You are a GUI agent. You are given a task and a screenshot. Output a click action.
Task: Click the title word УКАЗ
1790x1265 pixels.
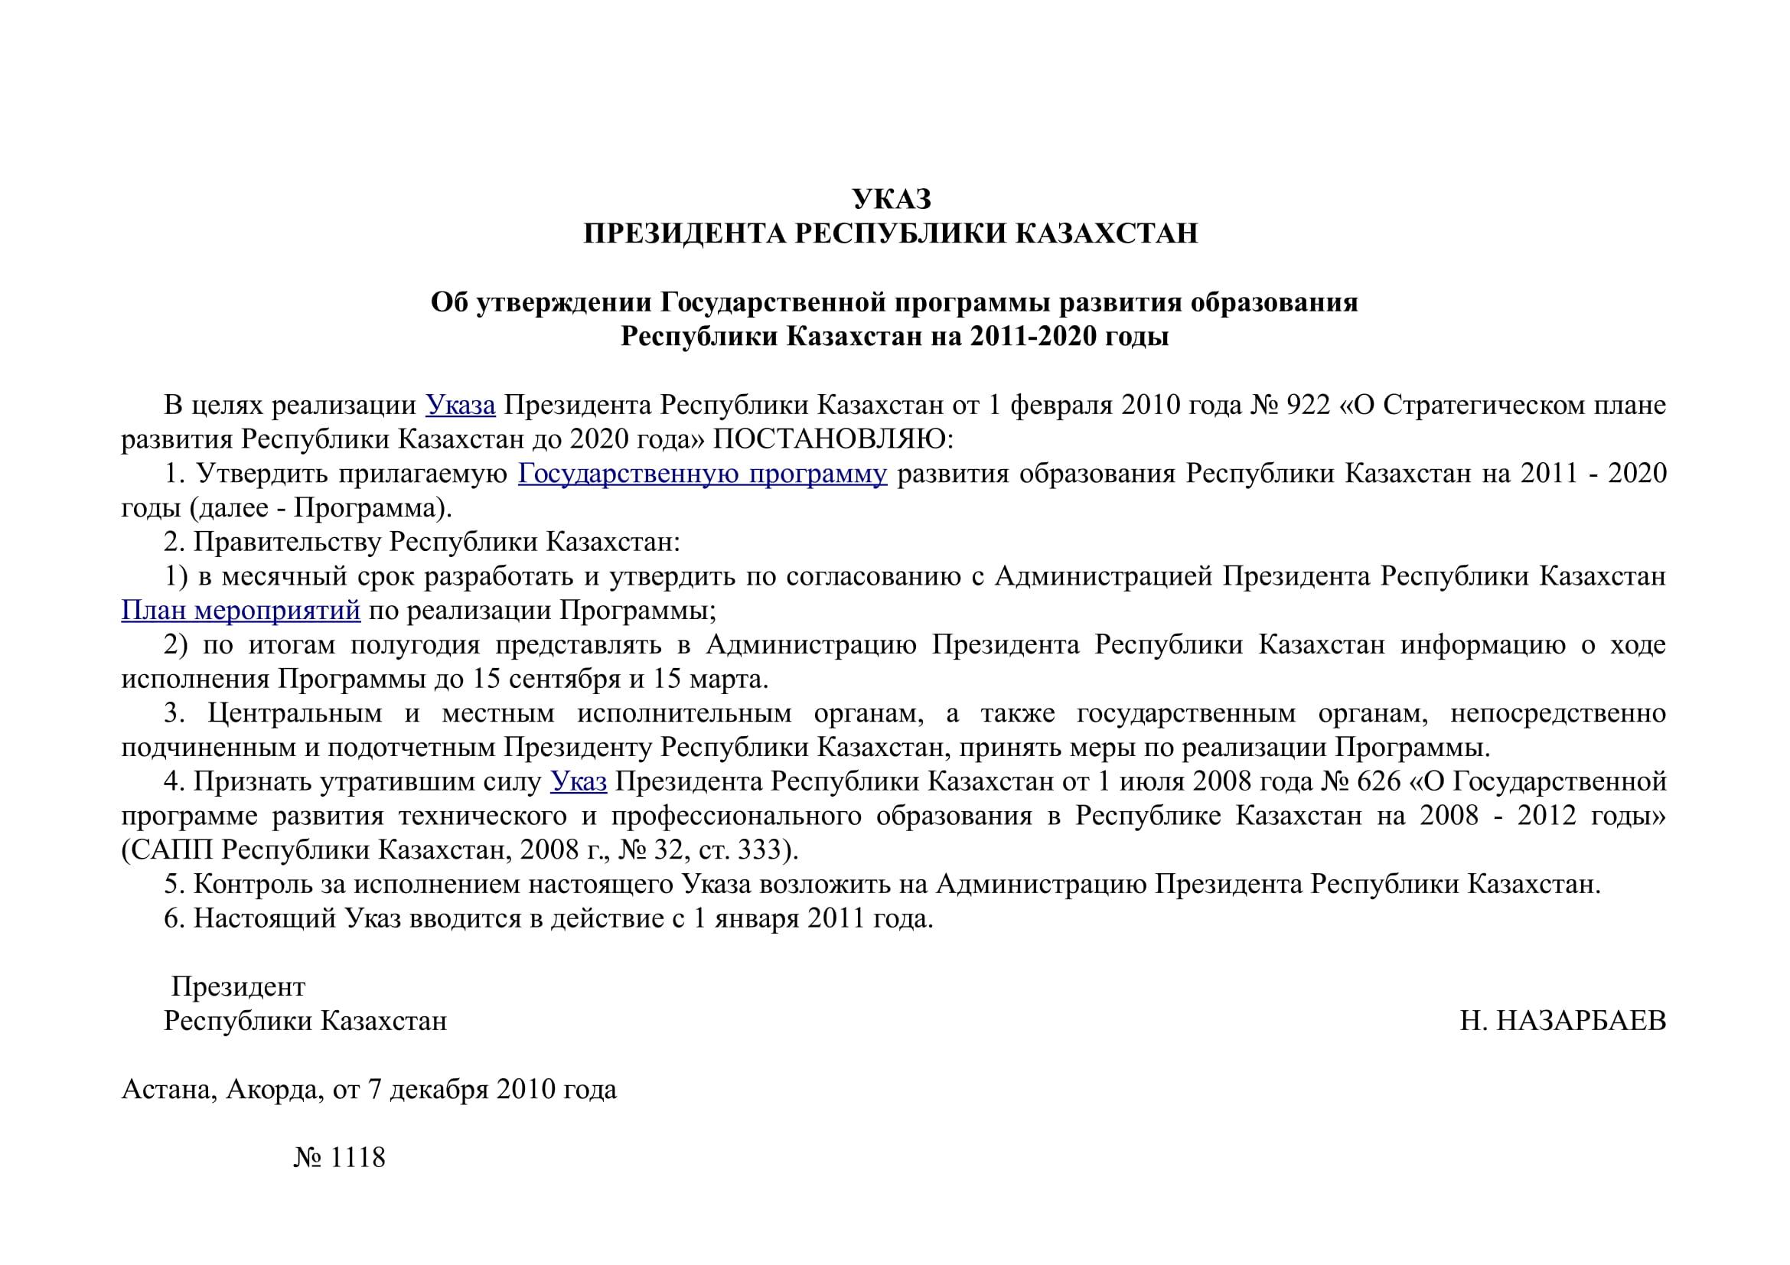click(x=892, y=200)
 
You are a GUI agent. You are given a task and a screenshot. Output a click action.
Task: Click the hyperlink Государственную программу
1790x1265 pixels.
click(x=703, y=474)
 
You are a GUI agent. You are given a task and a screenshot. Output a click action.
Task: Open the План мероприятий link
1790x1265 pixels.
click(x=241, y=610)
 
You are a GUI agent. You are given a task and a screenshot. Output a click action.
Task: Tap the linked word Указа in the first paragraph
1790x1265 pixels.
click(x=460, y=406)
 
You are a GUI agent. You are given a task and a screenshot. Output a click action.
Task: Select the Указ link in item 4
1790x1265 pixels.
click(x=579, y=781)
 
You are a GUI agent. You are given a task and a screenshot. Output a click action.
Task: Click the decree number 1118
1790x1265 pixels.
click(x=358, y=1157)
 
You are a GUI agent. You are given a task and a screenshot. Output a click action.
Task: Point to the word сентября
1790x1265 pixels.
click(x=566, y=679)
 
